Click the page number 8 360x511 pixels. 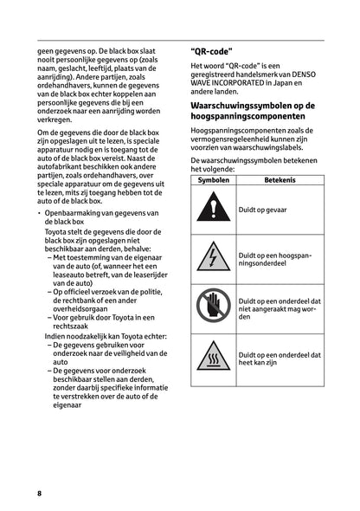[x=39, y=492]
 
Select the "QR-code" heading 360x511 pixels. [x=216, y=51]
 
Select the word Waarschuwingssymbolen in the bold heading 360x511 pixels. [x=246, y=106]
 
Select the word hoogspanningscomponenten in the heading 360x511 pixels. [x=254, y=117]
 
